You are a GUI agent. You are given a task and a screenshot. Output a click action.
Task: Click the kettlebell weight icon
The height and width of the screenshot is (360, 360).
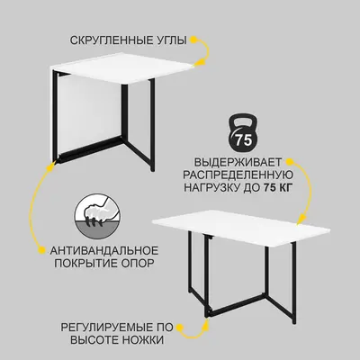[243, 131]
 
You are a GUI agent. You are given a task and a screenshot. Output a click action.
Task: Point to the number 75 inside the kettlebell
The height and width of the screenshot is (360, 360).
[243, 139]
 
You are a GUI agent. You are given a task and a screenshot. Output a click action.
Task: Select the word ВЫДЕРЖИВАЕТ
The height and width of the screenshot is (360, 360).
[238, 162]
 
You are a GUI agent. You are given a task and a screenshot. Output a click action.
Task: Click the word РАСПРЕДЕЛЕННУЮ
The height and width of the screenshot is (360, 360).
[238, 175]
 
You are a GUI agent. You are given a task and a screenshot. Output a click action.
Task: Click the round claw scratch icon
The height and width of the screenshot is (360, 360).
[98, 216]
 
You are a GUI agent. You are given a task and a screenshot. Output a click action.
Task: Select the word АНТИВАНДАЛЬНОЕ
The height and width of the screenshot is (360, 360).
[104, 250]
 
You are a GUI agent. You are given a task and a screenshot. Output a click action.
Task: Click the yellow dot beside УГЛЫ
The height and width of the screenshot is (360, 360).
[194, 40]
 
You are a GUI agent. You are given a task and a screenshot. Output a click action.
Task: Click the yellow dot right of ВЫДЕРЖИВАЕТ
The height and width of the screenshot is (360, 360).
[289, 162]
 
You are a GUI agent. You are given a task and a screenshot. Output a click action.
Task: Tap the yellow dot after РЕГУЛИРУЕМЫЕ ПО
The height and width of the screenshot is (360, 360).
[180, 327]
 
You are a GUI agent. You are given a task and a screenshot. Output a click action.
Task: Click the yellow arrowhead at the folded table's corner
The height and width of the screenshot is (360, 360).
[200, 62]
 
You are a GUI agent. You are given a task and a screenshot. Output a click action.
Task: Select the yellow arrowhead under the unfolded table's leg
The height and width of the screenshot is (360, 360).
[206, 323]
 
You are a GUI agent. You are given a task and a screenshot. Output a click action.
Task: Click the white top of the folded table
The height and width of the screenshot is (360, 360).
[122, 68]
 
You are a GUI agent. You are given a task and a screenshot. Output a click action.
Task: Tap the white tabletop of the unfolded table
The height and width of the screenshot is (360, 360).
[241, 229]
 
